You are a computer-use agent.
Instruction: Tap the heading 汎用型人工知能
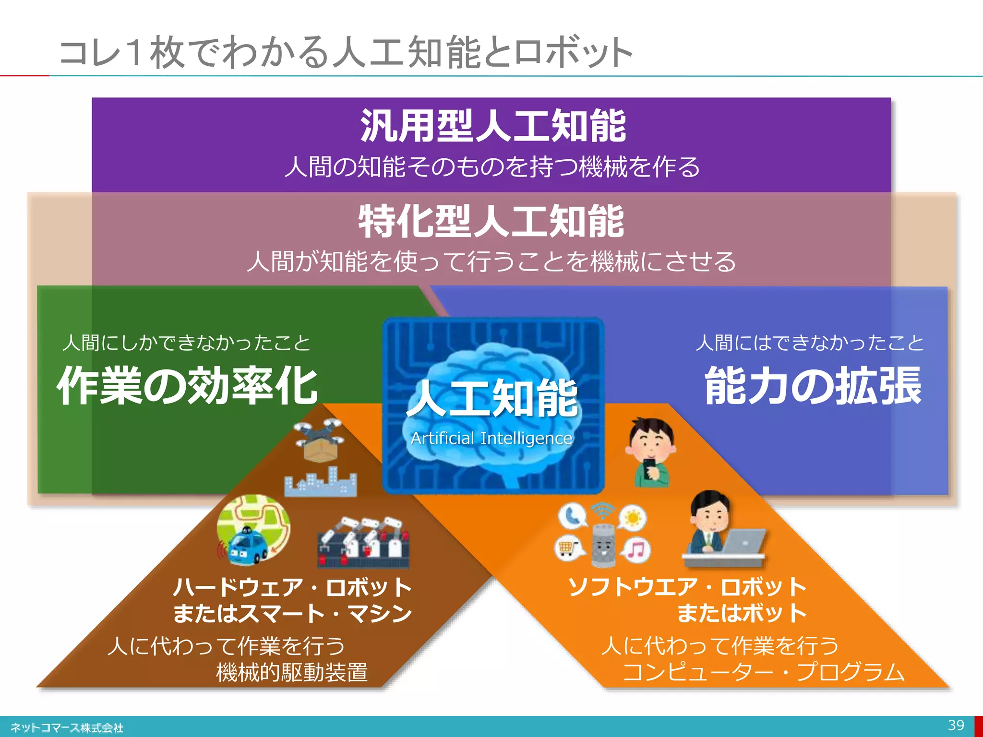click(493, 126)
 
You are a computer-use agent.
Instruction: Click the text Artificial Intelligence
click(491, 439)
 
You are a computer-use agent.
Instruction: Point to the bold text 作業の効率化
click(187, 386)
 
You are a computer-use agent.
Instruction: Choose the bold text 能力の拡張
click(813, 386)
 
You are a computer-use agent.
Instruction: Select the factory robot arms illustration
click(363, 542)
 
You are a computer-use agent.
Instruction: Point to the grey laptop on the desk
click(743, 541)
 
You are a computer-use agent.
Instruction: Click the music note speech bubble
click(636, 549)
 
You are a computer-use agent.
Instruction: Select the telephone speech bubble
click(572, 516)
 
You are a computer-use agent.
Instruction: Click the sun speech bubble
click(633, 518)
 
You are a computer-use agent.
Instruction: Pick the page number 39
click(956, 725)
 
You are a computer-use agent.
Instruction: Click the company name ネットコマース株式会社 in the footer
click(67, 728)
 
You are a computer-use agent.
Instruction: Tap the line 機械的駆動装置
click(292, 672)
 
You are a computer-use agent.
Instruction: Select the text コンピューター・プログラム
click(763, 672)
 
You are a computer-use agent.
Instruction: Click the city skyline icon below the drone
click(321, 483)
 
